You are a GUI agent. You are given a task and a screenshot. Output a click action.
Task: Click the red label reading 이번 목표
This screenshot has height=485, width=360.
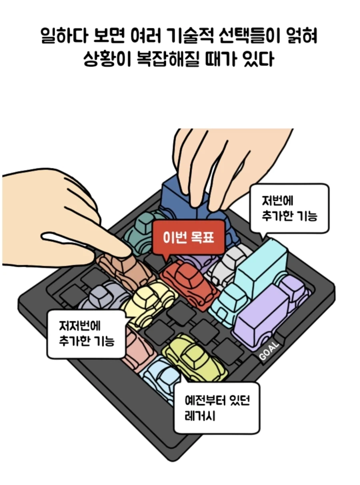[188, 237]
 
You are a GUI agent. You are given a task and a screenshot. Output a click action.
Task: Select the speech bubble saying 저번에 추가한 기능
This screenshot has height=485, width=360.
[289, 208]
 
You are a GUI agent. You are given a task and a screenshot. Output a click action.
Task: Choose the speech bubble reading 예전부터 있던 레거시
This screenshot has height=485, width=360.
[216, 407]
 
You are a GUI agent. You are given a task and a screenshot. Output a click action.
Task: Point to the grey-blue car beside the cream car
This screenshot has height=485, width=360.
[102, 298]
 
